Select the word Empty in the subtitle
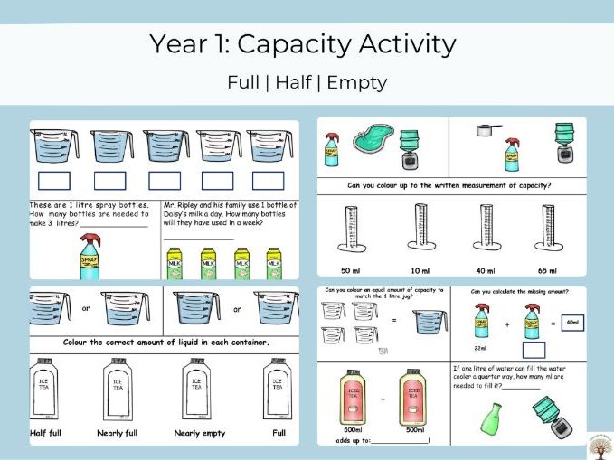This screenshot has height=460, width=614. pos(356,82)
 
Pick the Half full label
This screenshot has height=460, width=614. pos(52,434)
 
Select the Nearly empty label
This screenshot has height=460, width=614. pos(201,434)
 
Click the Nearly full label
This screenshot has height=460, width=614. pos(118,434)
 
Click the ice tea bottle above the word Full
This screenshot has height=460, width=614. pos(278,389)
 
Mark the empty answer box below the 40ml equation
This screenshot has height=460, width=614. pos(534,350)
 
